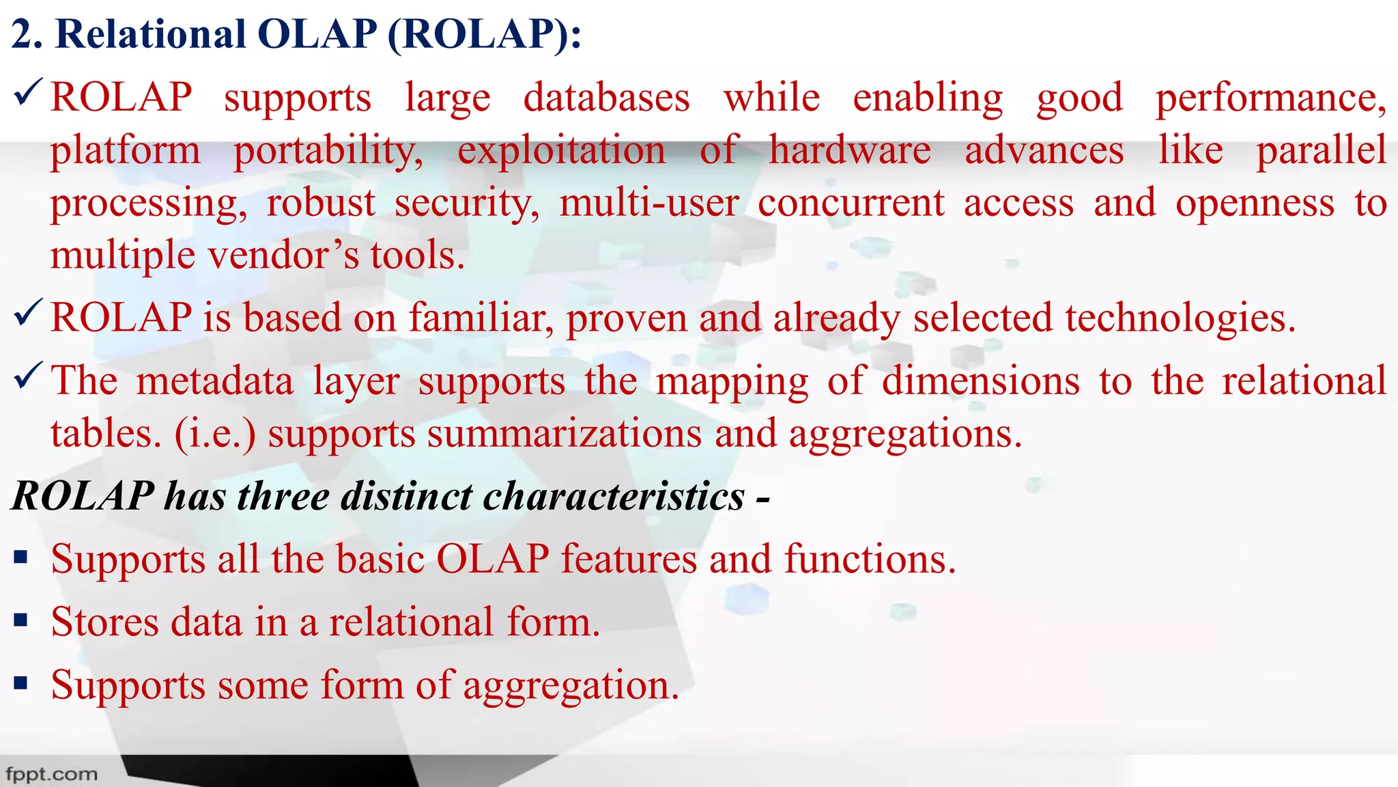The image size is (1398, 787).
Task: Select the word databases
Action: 606,98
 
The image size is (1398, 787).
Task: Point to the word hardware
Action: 850,150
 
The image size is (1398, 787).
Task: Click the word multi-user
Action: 648,203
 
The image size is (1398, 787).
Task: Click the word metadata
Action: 214,381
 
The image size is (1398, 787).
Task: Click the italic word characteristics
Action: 613,496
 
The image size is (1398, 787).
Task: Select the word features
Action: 629,560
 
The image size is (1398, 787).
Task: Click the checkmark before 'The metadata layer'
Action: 28,375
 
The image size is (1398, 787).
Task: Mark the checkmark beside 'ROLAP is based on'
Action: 28,312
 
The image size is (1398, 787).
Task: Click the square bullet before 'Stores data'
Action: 20,620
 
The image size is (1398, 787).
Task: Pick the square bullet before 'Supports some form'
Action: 20,683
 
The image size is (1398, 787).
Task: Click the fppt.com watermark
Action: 52,774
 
